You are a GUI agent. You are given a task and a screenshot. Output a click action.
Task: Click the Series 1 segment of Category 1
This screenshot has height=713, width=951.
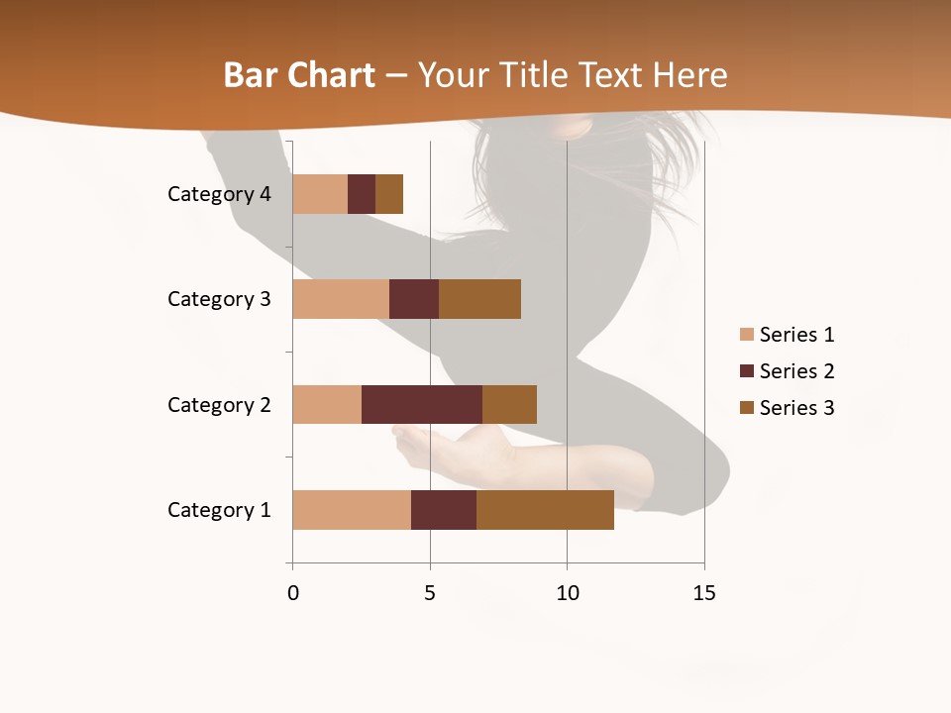click(352, 509)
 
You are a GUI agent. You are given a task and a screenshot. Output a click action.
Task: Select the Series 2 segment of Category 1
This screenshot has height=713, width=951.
click(444, 509)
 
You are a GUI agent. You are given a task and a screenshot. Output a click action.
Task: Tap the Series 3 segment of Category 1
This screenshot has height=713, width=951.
click(545, 509)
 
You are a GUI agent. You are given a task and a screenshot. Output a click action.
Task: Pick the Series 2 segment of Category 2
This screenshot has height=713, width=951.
click(422, 404)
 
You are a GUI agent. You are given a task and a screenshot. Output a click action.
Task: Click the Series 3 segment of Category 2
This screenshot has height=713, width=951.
click(509, 404)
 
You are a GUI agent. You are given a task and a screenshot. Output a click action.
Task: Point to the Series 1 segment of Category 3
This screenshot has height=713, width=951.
click(341, 299)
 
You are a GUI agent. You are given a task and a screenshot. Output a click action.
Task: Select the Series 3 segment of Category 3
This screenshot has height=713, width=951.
click(479, 299)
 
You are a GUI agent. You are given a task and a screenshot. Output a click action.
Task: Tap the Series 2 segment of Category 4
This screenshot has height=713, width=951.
click(362, 193)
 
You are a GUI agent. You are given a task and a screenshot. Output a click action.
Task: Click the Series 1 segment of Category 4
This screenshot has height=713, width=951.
click(320, 193)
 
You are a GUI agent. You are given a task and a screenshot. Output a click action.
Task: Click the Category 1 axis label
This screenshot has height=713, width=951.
click(219, 510)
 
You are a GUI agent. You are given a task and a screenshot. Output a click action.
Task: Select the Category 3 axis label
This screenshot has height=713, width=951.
click(219, 299)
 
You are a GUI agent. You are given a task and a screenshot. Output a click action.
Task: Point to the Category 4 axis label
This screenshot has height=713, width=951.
click(219, 194)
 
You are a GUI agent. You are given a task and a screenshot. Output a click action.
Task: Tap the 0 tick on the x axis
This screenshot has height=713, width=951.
click(293, 593)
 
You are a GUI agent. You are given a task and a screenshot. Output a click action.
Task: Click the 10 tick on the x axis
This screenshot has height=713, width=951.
click(567, 593)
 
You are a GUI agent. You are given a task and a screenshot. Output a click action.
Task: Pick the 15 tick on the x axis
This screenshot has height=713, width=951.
click(704, 593)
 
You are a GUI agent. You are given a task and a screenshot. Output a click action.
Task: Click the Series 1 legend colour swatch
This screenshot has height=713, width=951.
click(746, 335)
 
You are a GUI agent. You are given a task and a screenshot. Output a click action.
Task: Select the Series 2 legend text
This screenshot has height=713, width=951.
click(796, 371)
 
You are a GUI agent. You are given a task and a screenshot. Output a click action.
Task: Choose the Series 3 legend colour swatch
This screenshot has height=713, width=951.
click(746, 408)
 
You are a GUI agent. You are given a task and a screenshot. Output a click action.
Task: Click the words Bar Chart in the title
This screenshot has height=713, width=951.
click(299, 75)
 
